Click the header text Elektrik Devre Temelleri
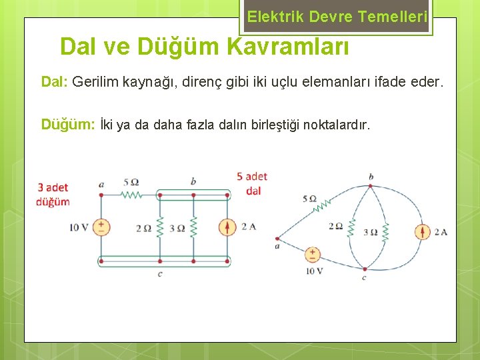point(337,17)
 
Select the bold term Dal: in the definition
point(55,82)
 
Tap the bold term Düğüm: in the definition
point(67,125)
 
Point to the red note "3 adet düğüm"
point(53,194)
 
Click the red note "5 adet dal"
point(252,183)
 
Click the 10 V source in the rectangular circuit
point(101,227)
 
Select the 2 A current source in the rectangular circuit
point(227,227)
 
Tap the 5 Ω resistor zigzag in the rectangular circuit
point(131,195)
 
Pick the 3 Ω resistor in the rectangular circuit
point(193,227)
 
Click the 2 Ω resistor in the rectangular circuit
point(160,227)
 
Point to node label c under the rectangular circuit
point(160,273)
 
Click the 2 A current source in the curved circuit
point(422,232)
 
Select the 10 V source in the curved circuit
point(312,255)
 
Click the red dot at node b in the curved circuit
point(371,185)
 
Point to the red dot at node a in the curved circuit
point(277,238)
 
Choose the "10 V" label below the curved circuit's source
point(314,271)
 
